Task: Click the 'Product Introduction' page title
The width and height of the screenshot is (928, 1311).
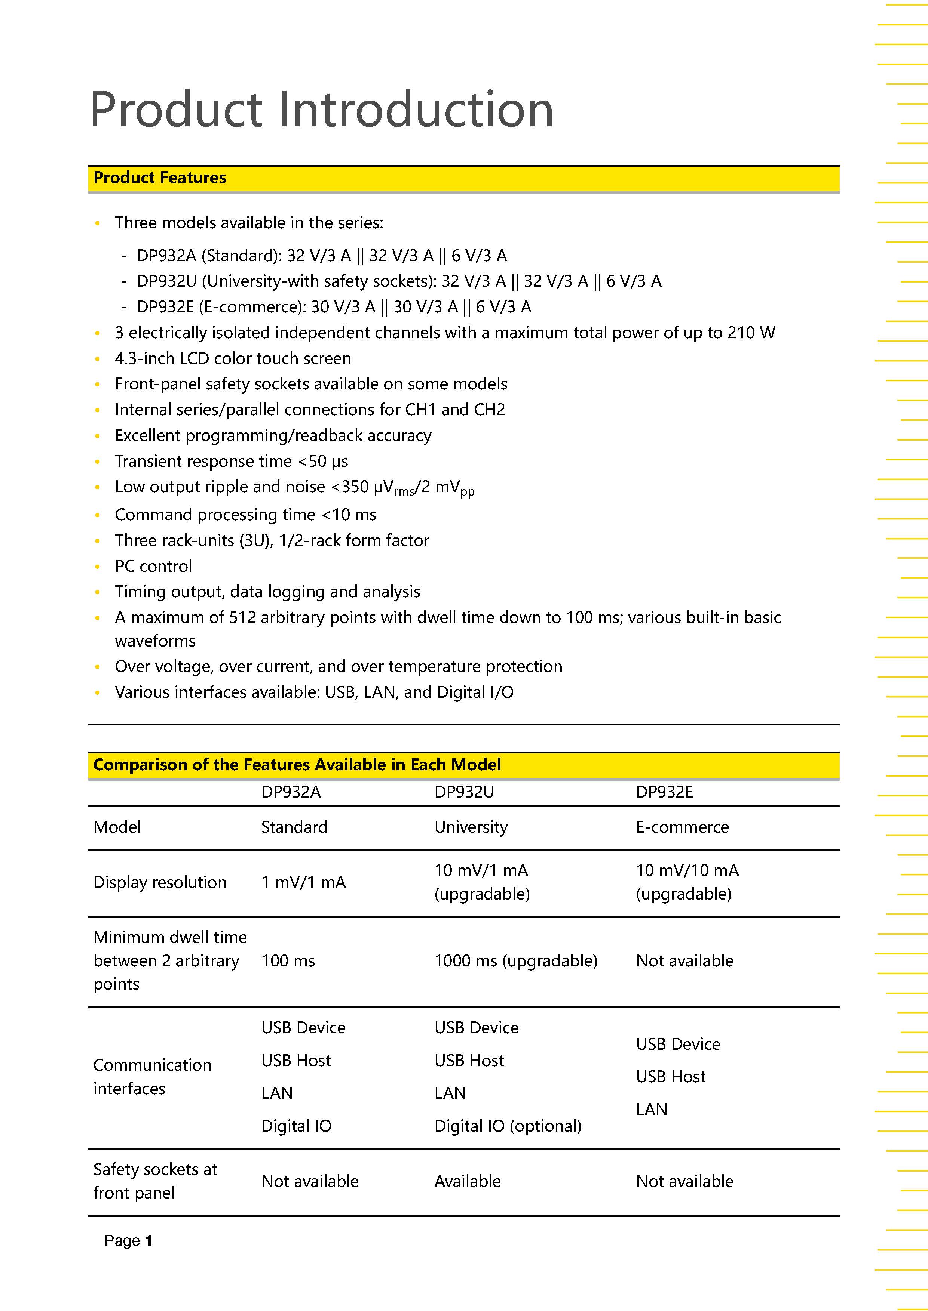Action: pos(321,109)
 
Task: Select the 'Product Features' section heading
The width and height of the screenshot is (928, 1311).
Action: pos(160,178)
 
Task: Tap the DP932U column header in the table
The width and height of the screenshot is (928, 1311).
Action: pos(463,792)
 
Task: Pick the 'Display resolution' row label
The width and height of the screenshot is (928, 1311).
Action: pos(160,882)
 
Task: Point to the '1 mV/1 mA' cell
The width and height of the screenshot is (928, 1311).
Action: pos(303,882)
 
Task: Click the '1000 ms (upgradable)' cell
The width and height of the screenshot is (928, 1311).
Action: pos(515,960)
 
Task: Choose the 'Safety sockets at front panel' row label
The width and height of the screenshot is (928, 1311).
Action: pos(155,1181)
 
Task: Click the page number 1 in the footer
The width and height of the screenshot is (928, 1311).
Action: pos(148,1240)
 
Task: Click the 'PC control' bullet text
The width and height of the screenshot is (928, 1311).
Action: pos(153,566)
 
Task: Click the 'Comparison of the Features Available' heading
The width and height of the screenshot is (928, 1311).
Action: pos(297,765)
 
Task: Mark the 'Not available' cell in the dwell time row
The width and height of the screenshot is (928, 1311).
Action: pos(684,960)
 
